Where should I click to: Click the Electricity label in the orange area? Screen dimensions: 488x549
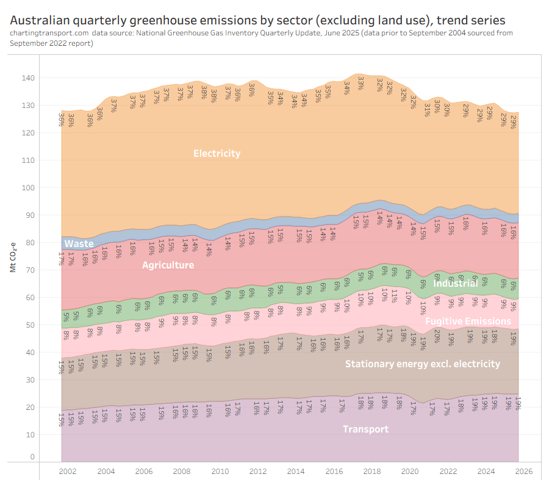point(217,154)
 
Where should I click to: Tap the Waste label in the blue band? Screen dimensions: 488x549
point(79,244)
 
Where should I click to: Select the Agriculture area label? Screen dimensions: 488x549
point(168,265)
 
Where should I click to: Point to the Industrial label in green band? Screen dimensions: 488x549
point(456,284)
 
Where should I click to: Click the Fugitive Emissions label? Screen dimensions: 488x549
point(468,321)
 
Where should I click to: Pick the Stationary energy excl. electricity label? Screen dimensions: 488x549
point(422,364)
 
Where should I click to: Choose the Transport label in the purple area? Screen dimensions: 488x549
point(365,429)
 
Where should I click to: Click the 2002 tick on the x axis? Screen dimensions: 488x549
point(68,472)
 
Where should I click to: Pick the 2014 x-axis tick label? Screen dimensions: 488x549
point(296,472)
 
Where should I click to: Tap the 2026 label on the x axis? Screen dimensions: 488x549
point(524,472)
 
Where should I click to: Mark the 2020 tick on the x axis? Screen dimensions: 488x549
point(410,472)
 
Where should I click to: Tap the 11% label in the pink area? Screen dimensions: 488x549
point(395,296)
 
